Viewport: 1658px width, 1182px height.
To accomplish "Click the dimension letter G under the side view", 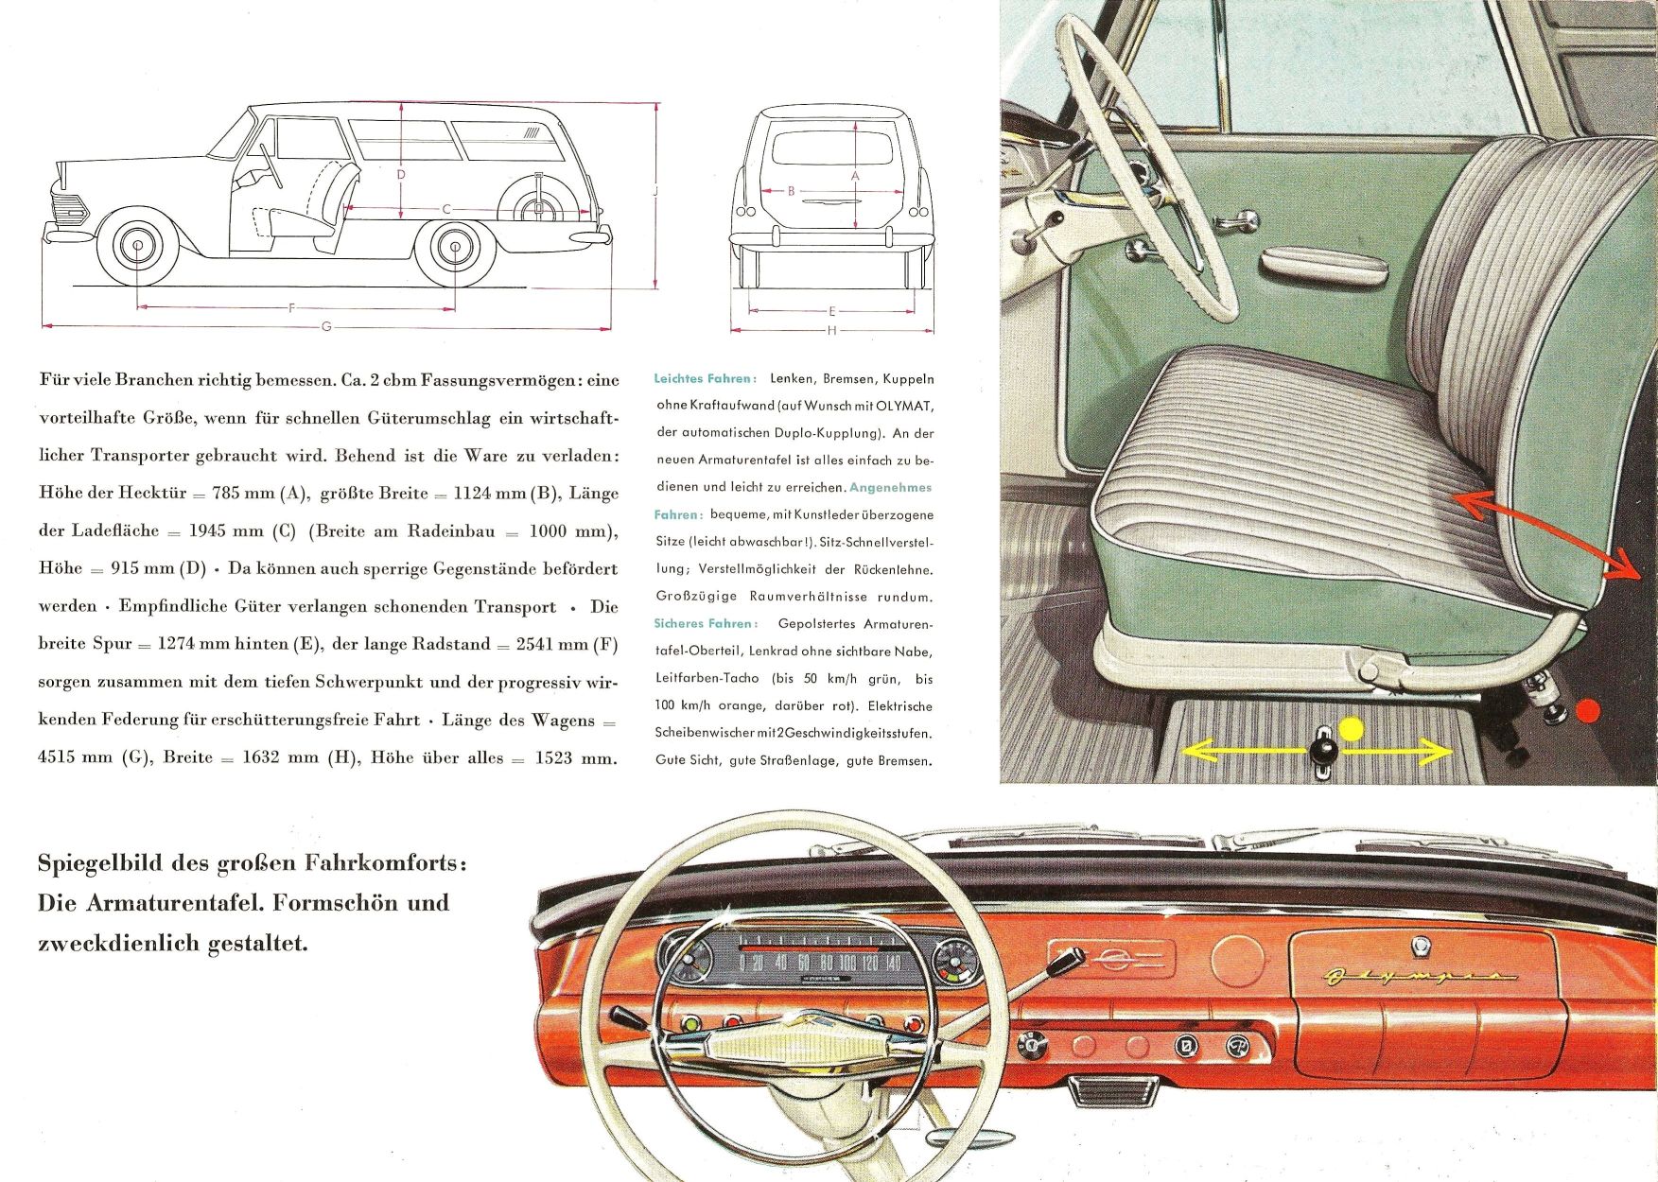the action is point(326,327).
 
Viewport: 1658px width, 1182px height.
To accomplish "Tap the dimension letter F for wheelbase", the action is point(293,307).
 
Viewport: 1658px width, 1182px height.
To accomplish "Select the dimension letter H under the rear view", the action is point(832,330).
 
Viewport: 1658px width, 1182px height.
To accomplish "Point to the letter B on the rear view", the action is point(792,191).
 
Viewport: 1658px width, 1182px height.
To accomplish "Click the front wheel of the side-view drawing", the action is point(138,247).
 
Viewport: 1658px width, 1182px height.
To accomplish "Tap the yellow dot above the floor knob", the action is point(1352,728).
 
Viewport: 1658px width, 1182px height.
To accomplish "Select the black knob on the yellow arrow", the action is point(1322,751).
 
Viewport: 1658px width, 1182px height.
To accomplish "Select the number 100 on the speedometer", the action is point(847,963).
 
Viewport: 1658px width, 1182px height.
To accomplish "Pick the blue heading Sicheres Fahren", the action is point(706,623).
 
